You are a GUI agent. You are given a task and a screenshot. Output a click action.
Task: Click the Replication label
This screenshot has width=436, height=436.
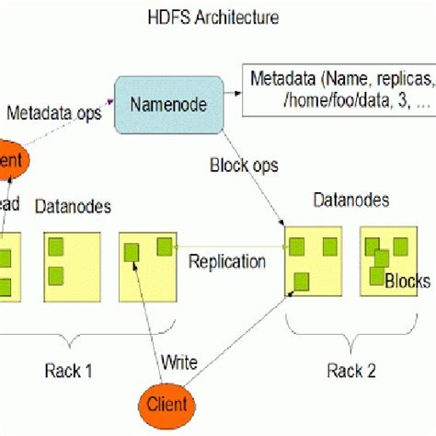pyautogui.click(x=227, y=261)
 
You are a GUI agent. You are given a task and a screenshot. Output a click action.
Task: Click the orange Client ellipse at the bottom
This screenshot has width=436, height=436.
pyautogui.click(x=170, y=404)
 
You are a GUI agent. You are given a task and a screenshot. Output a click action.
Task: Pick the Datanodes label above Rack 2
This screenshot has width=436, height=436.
pyautogui.click(x=350, y=199)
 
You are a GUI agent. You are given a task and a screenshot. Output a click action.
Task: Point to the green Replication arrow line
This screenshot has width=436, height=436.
pyautogui.click(x=230, y=246)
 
